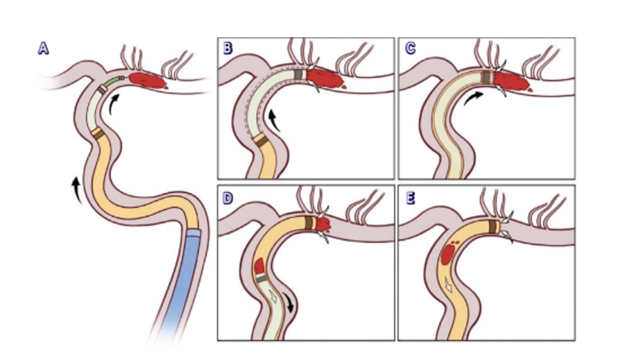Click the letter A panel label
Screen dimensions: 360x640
click(x=43, y=48)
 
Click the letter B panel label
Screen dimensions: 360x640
click(x=228, y=48)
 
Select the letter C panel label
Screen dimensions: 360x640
click(x=410, y=48)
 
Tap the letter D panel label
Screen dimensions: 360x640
click(x=228, y=198)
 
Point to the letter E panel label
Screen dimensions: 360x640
click(x=410, y=198)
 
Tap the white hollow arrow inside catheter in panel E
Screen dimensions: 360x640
click(x=449, y=285)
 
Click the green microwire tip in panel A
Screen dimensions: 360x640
click(x=115, y=80)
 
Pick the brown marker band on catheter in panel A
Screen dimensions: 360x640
click(x=98, y=133)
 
